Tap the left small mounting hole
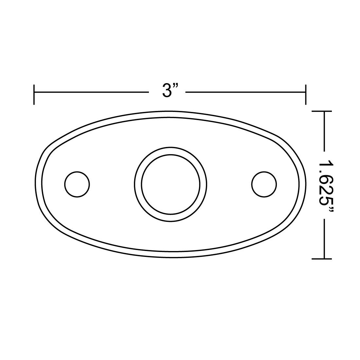click(77, 184)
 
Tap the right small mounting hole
click(264, 184)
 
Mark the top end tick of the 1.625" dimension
click(322, 112)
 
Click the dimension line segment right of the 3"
click(245, 93)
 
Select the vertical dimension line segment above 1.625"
click(324, 131)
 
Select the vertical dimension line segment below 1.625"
click(324, 239)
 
